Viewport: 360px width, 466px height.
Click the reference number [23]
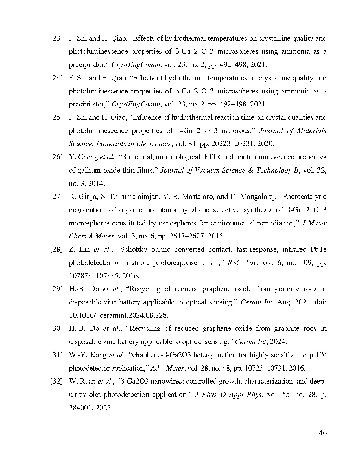[56, 38]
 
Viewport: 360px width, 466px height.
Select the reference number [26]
[56, 157]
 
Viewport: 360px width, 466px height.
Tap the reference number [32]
[56, 381]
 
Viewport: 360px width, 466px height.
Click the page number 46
[322, 433]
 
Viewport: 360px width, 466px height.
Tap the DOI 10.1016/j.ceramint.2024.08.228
[119, 315]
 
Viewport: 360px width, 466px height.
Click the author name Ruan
[88, 381]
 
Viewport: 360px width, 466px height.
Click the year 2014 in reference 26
[96, 184]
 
